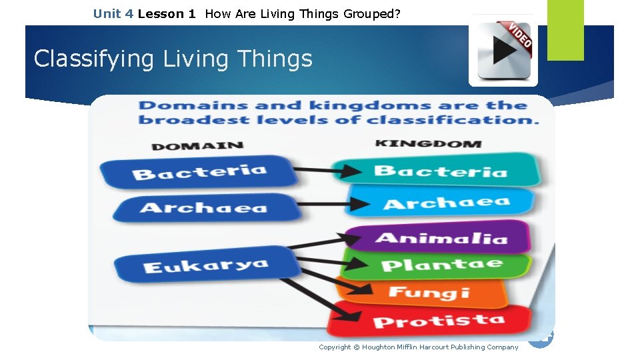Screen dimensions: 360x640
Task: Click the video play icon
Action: [503, 51]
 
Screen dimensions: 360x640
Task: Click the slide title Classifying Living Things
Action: [173, 59]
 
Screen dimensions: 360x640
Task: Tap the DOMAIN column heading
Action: [197, 145]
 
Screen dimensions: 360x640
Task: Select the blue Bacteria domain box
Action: [199, 172]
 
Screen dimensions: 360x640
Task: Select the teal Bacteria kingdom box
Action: [439, 171]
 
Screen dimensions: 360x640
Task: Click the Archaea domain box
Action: [203, 207]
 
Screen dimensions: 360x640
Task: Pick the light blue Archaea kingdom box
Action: [445, 202]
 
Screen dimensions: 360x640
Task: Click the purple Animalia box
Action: [441, 237]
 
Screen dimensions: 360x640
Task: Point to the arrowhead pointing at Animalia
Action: [349, 236]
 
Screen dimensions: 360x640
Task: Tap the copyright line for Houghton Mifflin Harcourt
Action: [418, 347]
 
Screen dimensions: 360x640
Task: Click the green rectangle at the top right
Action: [565, 29]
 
